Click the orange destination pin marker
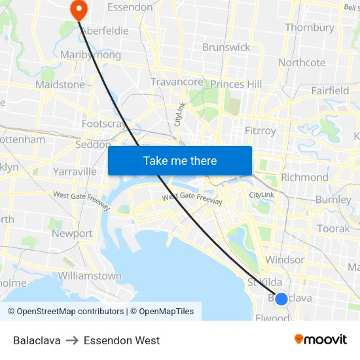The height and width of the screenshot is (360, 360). [78, 9]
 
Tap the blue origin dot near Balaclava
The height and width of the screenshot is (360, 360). [281, 299]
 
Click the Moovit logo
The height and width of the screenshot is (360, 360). [321, 339]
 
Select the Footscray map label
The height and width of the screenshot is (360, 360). [103, 123]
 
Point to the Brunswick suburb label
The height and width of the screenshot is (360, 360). [226, 47]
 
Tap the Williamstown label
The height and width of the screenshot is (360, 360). [90, 276]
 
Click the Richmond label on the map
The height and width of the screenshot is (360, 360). [304, 177]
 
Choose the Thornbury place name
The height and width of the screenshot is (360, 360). [310, 27]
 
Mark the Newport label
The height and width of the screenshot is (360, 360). [72, 233]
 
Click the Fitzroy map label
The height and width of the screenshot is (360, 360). [260, 130]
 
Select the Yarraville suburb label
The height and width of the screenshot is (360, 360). [75, 171]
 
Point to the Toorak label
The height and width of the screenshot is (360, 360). [334, 228]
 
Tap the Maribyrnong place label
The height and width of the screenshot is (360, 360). [90, 55]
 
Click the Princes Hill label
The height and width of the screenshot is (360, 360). [236, 84]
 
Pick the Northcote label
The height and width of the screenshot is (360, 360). [302, 63]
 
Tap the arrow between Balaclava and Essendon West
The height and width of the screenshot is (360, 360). [73, 340]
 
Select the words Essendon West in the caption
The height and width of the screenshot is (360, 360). [122, 340]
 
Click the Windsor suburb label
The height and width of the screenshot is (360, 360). [285, 260]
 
